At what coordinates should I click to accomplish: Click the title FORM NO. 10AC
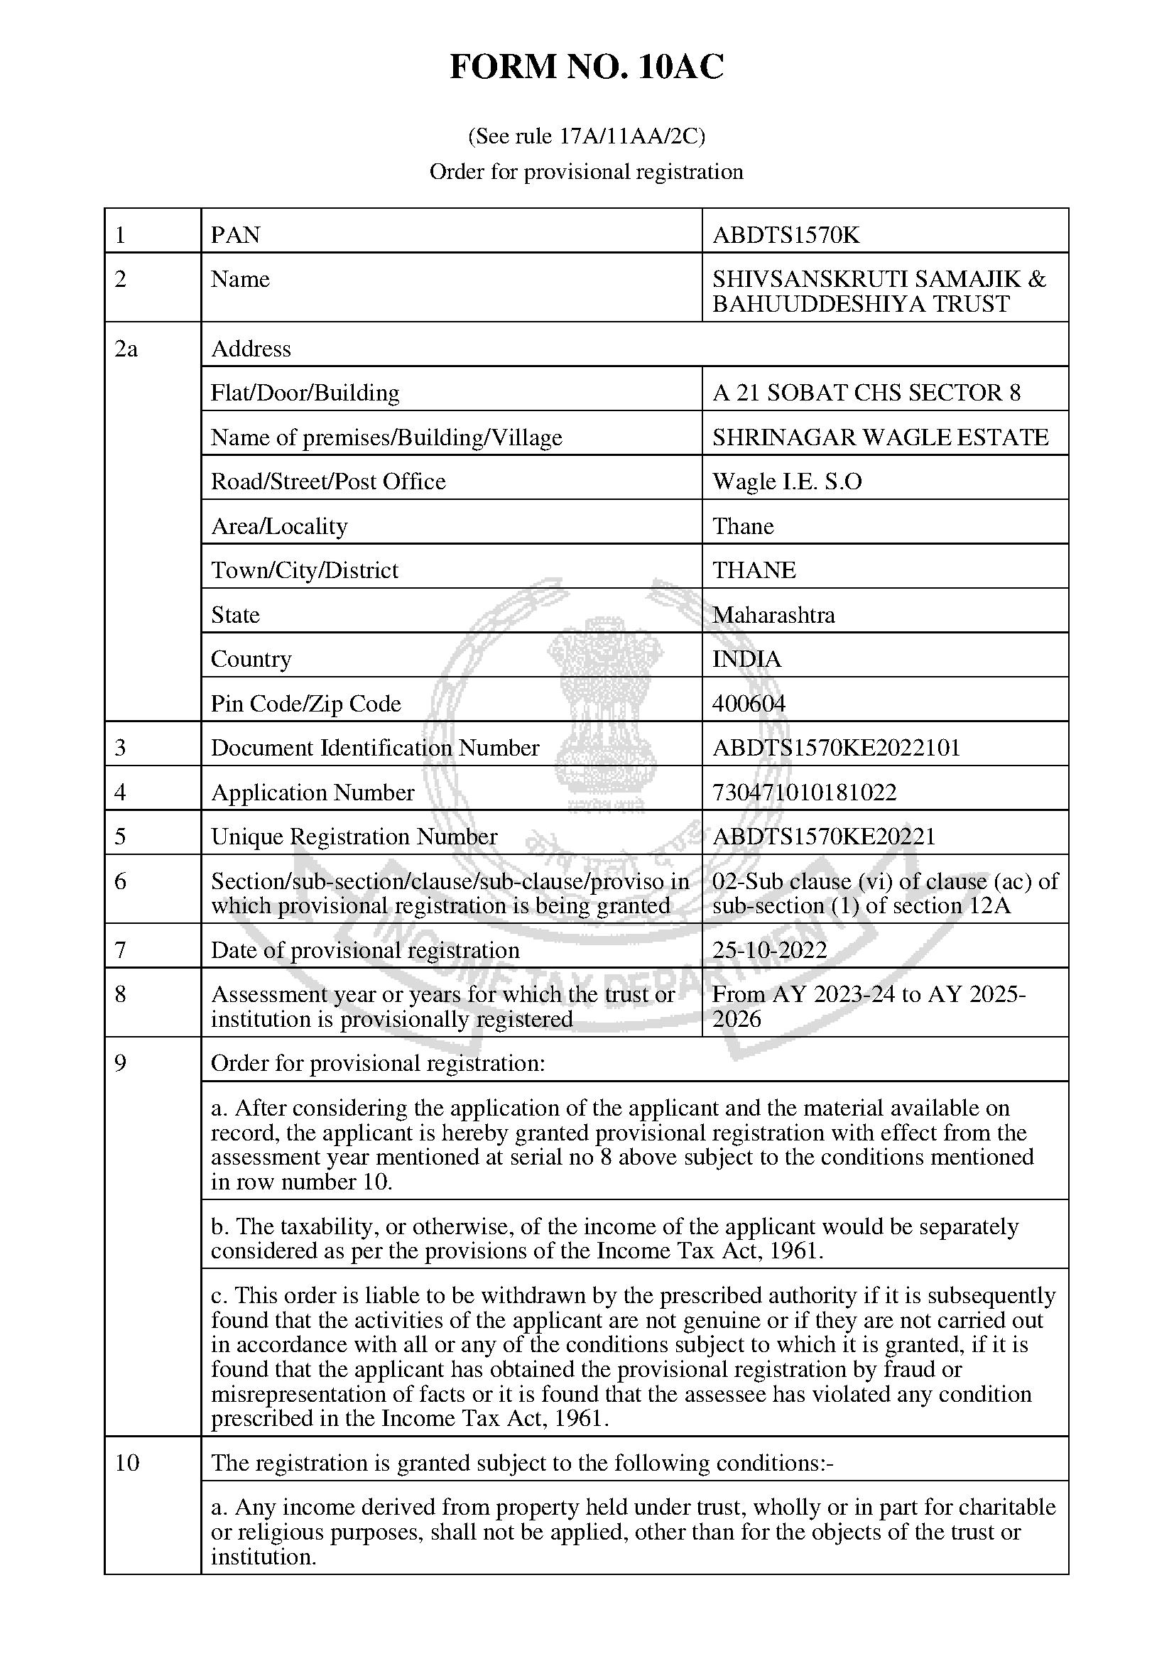586,68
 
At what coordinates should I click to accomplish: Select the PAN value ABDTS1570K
786,235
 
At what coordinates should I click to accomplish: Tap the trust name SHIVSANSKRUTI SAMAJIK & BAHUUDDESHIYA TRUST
878,292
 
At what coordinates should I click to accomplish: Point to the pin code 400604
749,703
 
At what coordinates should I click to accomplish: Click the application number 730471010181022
804,793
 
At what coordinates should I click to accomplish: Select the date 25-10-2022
769,950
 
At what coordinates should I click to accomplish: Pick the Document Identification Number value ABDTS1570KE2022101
835,747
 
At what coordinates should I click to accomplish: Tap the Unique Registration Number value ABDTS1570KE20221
823,837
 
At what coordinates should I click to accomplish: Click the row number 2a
126,349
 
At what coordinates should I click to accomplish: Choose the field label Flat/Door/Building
305,393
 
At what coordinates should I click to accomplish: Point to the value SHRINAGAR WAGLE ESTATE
879,437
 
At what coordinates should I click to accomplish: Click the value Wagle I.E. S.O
787,481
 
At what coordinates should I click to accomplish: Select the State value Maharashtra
773,615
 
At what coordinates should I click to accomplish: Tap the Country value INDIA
746,659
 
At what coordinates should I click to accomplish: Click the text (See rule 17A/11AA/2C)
586,136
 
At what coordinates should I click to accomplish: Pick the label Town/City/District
304,570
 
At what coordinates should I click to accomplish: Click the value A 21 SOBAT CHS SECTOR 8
866,393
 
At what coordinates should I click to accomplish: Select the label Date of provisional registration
364,950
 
